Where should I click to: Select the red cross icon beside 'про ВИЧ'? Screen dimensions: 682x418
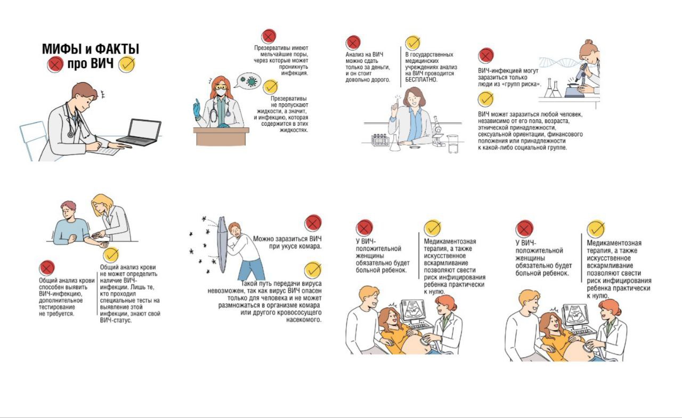coord(55,64)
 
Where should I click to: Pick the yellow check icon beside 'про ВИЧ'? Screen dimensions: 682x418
coord(127,64)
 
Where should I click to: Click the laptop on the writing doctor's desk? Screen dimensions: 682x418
coord(140,133)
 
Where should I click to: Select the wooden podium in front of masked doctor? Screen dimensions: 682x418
coord(221,136)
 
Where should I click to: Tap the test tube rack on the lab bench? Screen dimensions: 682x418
coord(380,140)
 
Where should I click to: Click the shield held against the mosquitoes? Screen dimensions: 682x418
coord(222,244)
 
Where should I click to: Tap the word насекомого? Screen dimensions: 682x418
coord(304,319)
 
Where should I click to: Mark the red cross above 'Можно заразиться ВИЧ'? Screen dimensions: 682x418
coord(313,223)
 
